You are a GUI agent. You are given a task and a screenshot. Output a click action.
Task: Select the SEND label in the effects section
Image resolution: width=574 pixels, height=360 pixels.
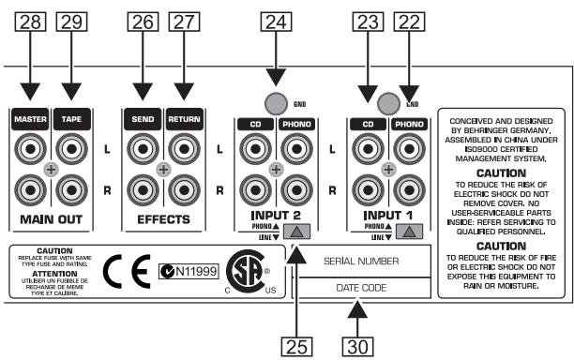pos(143,120)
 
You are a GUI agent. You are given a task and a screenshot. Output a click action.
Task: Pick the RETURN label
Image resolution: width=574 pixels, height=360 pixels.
pos(183,120)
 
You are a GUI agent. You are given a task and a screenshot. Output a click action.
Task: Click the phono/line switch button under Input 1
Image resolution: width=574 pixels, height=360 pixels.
pos(408,232)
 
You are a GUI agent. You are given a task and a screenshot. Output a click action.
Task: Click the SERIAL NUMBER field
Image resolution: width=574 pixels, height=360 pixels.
pos(362,262)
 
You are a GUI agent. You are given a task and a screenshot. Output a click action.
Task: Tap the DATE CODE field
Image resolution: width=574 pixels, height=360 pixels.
pos(362,288)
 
